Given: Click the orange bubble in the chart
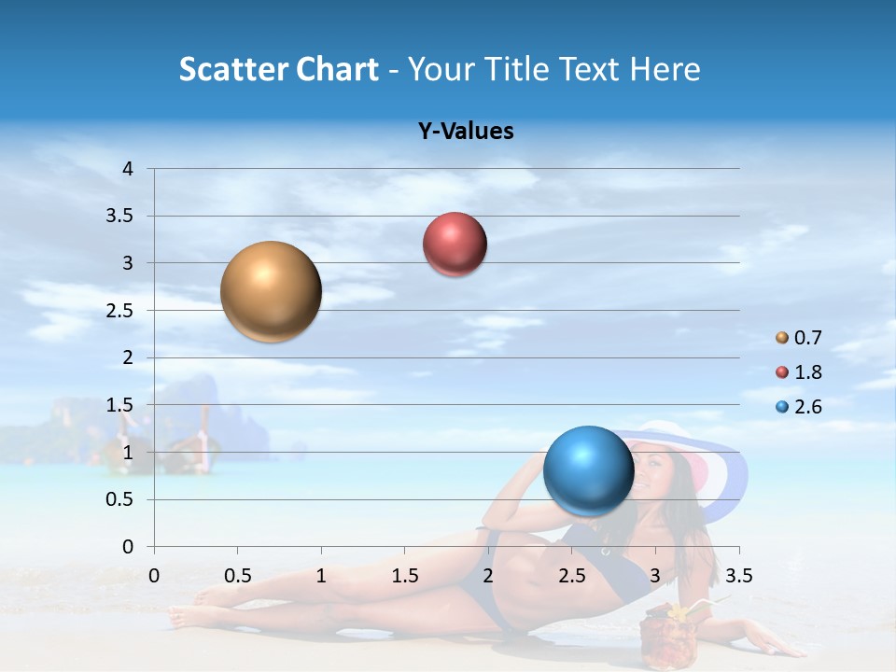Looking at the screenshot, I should (x=271, y=291).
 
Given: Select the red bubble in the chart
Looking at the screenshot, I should (x=455, y=245).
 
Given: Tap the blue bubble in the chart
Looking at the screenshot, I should (x=588, y=470).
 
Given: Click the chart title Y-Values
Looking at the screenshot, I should (x=466, y=132).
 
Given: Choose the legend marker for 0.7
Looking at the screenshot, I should (x=782, y=338).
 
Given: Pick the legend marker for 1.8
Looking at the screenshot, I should (x=782, y=372).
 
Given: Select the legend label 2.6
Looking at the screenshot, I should (x=807, y=407).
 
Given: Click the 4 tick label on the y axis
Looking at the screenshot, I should (x=128, y=169).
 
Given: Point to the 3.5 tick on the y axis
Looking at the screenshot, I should (x=120, y=217).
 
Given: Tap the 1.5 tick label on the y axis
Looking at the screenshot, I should (x=120, y=405).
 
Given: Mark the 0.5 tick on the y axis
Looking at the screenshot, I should (x=120, y=500).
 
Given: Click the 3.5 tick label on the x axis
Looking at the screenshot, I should (x=739, y=576).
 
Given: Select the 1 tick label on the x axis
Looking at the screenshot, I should (x=321, y=576).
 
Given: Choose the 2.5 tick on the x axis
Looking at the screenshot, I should (x=571, y=576).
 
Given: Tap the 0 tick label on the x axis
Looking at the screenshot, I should (x=154, y=576).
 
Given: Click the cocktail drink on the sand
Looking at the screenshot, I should (x=664, y=639).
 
